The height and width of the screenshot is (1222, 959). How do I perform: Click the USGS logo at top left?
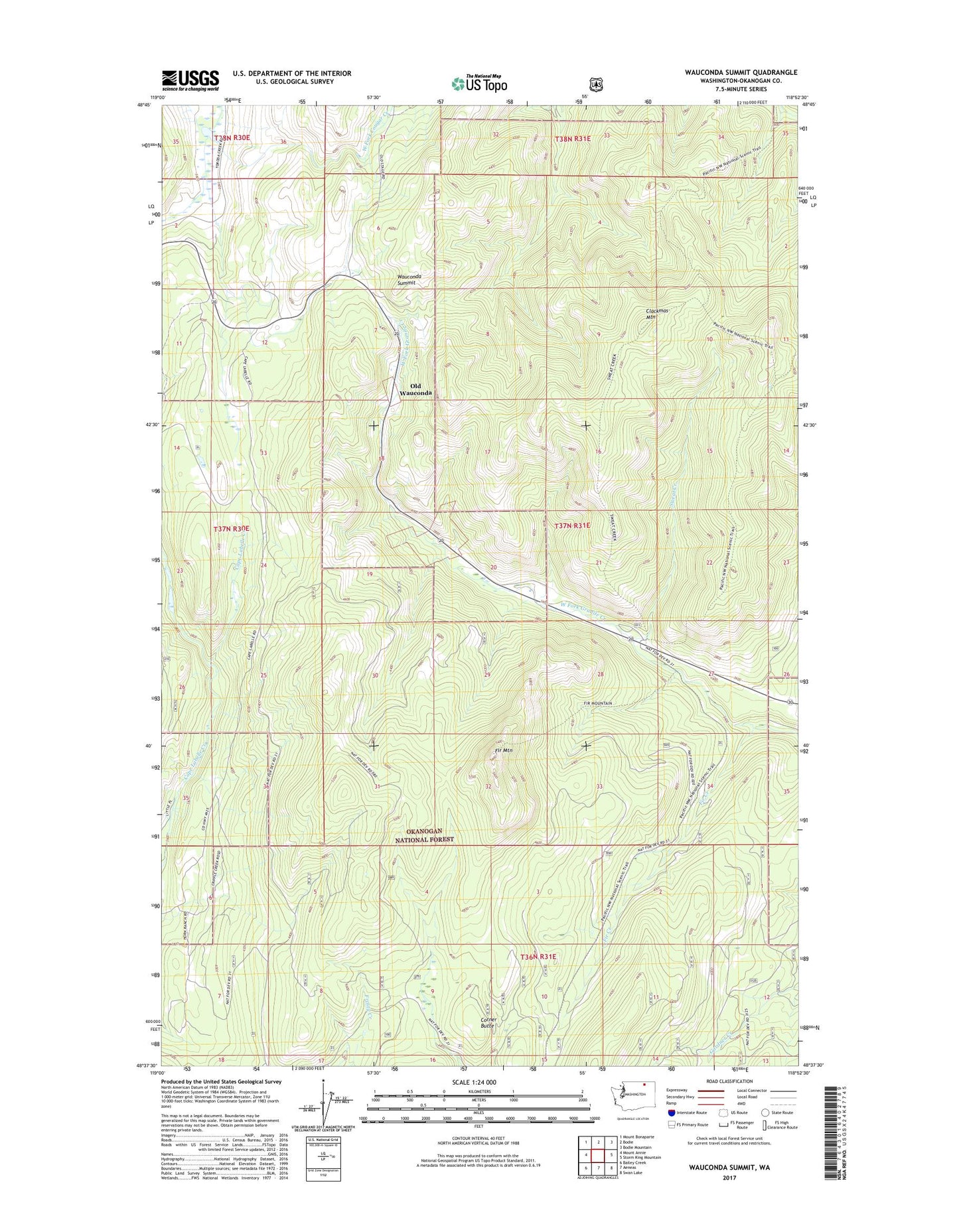tap(190, 80)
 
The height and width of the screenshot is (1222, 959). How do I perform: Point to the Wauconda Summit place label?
tap(409, 279)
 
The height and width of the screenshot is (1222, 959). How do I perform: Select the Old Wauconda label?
tap(415, 389)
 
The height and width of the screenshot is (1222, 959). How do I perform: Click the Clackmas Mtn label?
tap(656, 314)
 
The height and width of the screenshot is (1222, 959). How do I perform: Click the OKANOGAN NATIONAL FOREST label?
tap(424, 835)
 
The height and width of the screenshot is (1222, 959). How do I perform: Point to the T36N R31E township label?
tap(538, 957)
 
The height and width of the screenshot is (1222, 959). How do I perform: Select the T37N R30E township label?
tap(232, 529)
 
